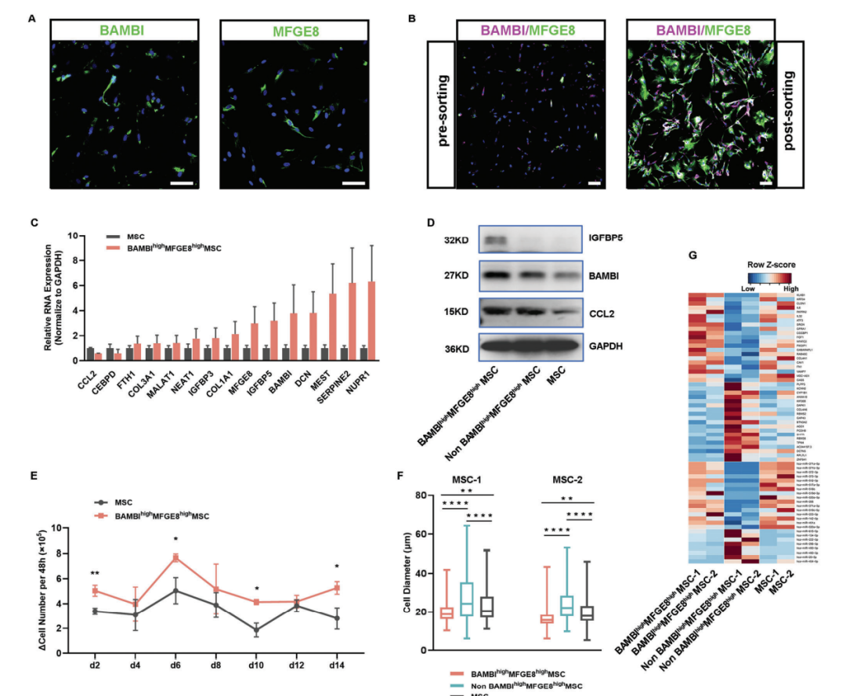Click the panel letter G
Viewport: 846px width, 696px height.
(x=692, y=256)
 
